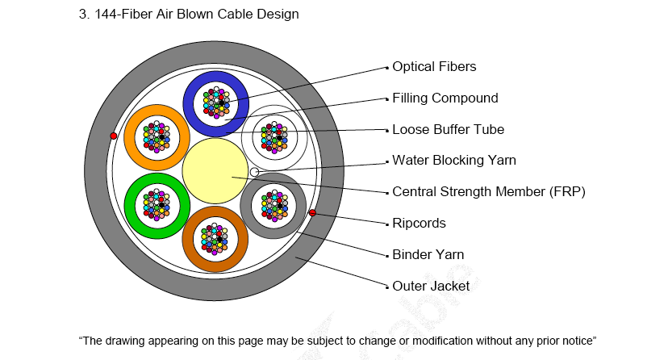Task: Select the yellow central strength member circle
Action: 215,170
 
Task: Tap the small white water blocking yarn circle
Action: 255,172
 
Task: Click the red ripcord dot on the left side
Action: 114,136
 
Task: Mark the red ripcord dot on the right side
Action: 312,212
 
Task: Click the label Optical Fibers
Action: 434,67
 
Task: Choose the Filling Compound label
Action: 445,98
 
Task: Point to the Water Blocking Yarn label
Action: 453,161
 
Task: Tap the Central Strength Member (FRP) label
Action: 488,192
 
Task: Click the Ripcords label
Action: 419,223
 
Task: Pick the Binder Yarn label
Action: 428,254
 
